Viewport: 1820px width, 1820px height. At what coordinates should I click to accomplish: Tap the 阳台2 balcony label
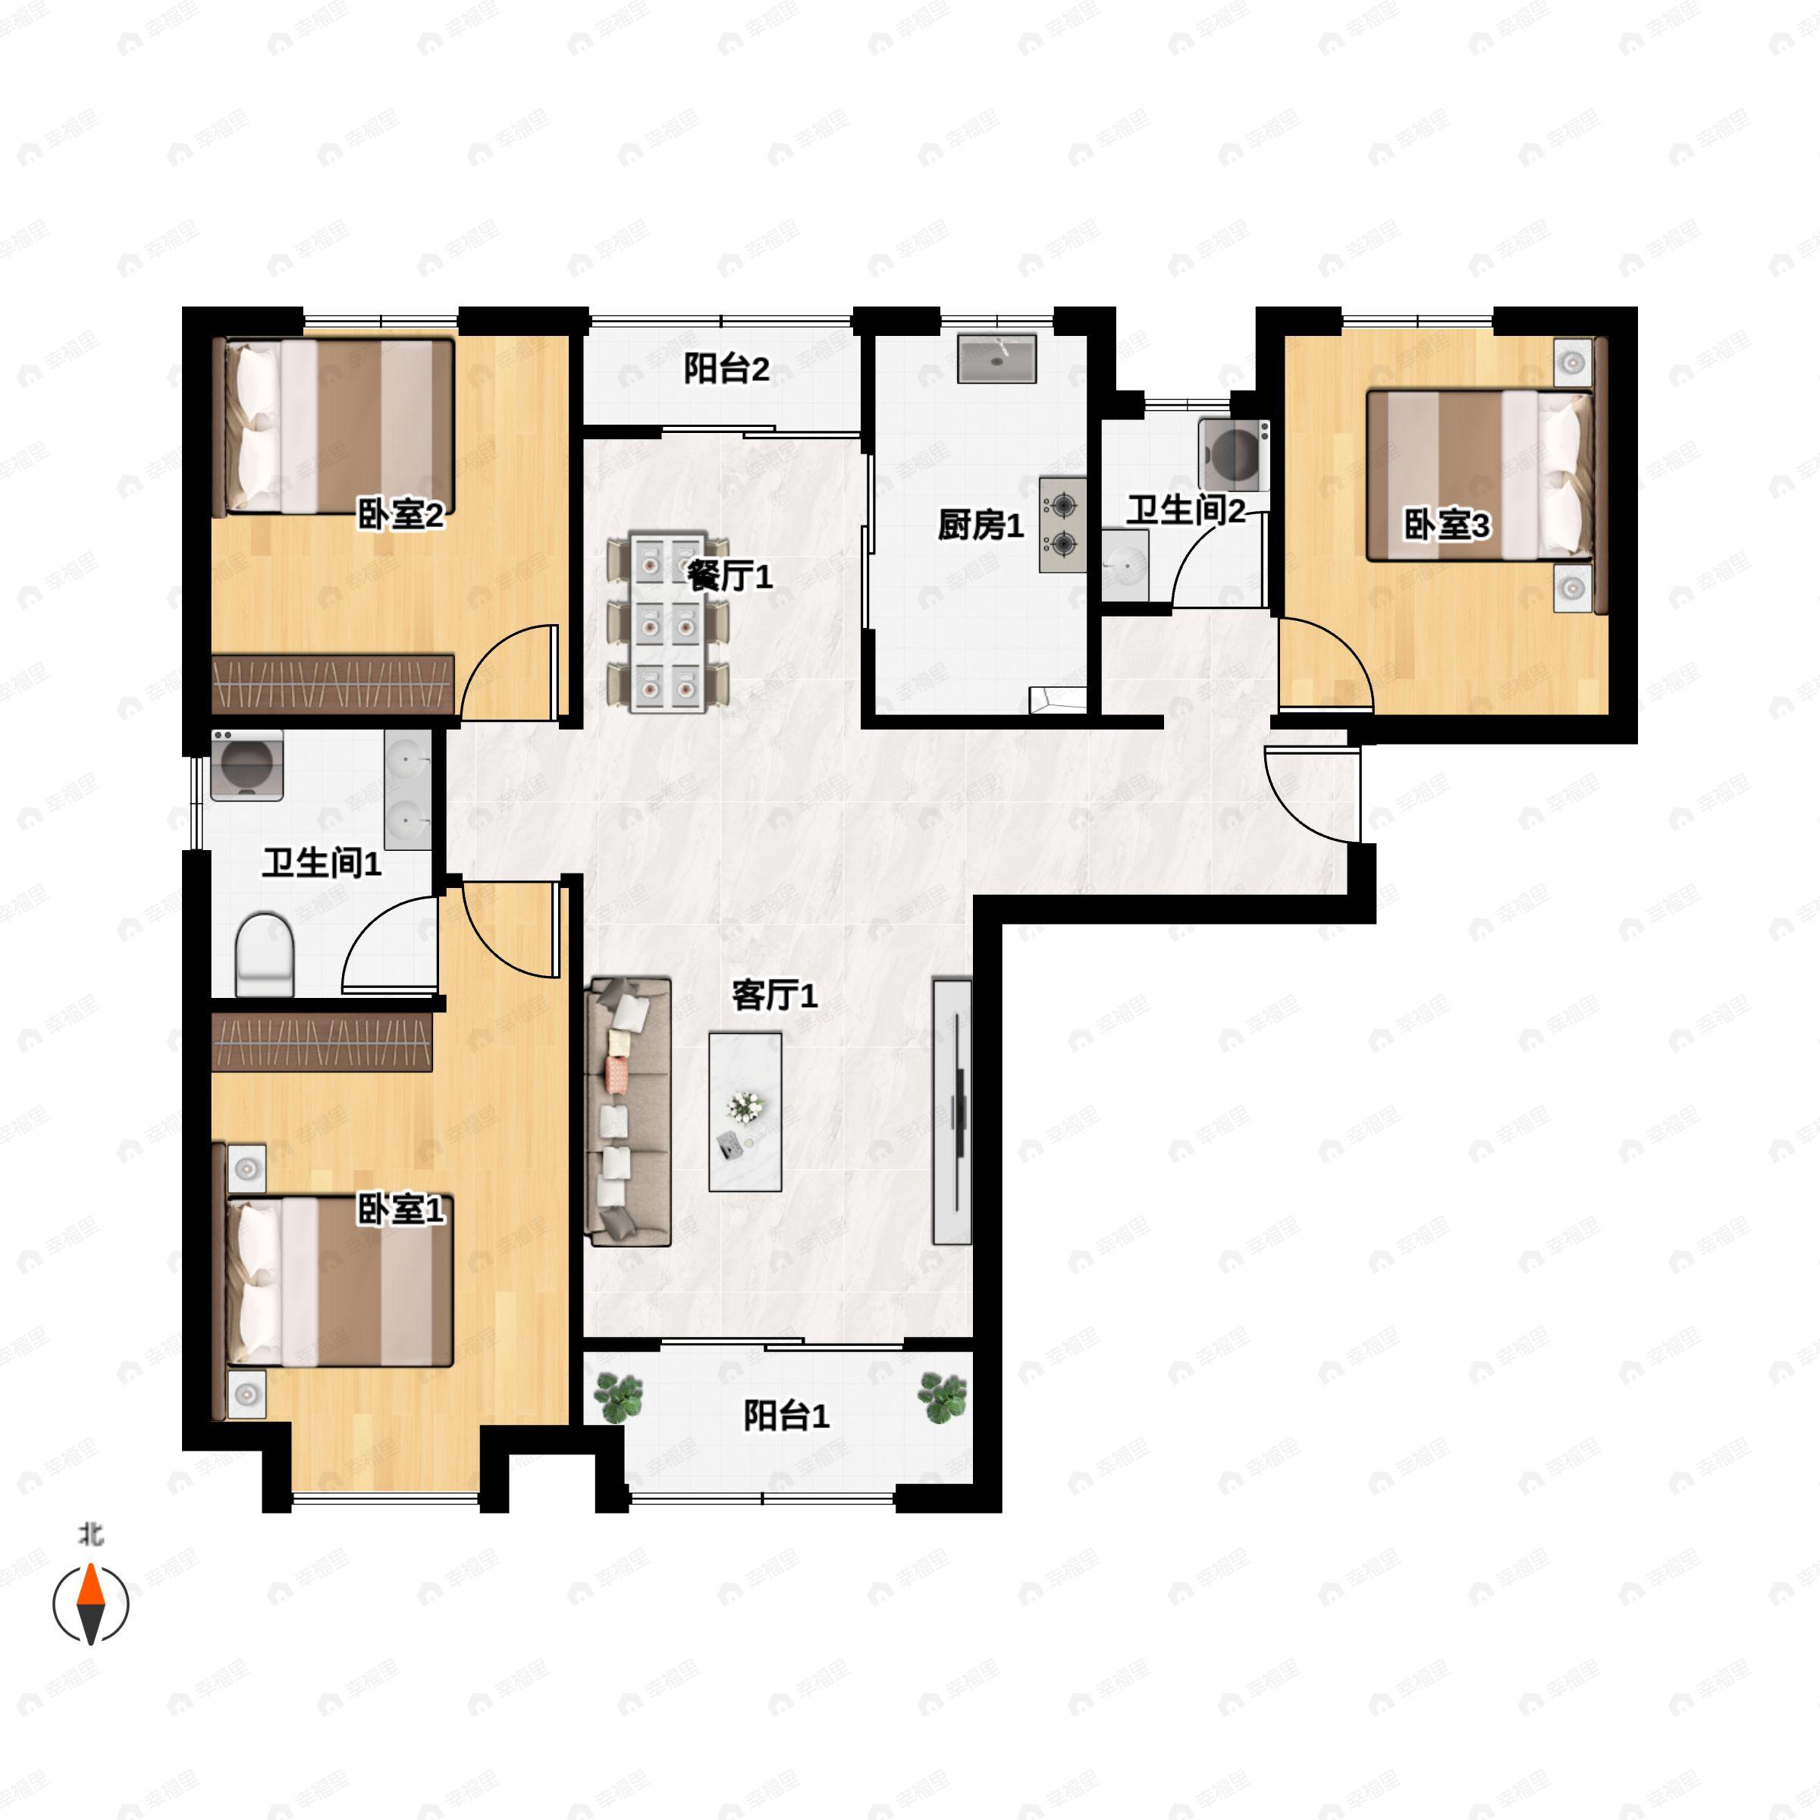726,369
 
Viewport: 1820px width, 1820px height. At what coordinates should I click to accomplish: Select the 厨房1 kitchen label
981,525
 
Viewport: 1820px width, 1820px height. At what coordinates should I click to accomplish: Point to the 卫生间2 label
1186,510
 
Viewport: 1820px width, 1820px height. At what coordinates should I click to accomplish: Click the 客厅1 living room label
774,995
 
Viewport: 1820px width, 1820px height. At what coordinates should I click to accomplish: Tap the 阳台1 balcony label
786,1415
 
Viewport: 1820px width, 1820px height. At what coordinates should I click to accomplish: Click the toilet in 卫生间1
265,954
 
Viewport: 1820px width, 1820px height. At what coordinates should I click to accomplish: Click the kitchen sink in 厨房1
996,359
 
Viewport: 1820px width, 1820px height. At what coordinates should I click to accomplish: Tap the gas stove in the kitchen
1062,525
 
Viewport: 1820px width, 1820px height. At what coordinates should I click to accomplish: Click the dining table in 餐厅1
668,623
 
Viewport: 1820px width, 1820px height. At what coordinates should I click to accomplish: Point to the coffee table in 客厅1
745,1112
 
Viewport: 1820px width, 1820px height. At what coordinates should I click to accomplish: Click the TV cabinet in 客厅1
952,1112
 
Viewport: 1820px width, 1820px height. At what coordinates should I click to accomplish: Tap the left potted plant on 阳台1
619,1398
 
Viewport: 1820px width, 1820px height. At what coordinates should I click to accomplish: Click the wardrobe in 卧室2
334,684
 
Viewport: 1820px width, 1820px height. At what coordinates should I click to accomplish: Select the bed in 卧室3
1479,475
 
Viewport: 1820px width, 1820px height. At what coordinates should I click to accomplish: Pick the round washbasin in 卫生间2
1125,563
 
